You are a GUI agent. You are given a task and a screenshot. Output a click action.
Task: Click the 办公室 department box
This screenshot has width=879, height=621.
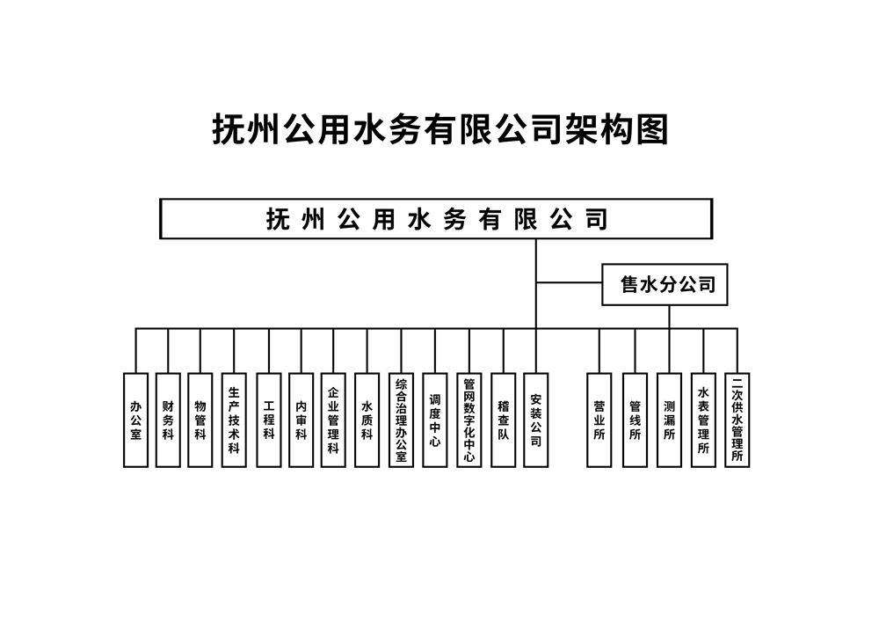pyautogui.click(x=135, y=420)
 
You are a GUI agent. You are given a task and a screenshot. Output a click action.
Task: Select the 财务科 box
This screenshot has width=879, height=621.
pyautogui.click(x=168, y=420)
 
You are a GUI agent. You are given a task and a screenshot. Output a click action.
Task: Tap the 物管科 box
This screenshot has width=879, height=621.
pyautogui.click(x=200, y=420)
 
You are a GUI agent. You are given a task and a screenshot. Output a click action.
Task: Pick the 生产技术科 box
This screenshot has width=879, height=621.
pyautogui.click(x=234, y=420)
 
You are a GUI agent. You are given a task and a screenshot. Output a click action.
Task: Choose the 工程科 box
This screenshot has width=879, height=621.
pyautogui.click(x=268, y=420)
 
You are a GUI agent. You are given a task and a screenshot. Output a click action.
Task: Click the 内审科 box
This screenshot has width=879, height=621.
pyautogui.click(x=301, y=420)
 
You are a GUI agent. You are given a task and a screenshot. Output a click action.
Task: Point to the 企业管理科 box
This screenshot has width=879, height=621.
pyautogui.click(x=333, y=420)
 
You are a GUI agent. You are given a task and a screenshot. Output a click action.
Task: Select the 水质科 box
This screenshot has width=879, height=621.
pyautogui.click(x=367, y=420)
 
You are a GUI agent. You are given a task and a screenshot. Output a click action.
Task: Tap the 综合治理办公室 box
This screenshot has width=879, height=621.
pyautogui.click(x=402, y=420)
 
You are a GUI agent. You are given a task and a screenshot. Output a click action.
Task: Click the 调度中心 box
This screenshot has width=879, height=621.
pyautogui.click(x=434, y=420)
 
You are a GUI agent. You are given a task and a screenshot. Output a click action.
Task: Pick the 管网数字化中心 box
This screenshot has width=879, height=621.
pyautogui.click(x=469, y=420)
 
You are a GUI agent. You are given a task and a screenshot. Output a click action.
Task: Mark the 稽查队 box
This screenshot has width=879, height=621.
pyautogui.click(x=504, y=420)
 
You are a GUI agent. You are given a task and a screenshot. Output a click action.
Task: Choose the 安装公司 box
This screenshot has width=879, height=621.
pyautogui.click(x=536, y=420)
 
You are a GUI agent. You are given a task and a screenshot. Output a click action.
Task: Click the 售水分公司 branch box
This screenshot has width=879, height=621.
pyautogui.click(x=665, y=284)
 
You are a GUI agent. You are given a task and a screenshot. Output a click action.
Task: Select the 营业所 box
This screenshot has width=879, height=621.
pyautogui.click(x=599, y=420)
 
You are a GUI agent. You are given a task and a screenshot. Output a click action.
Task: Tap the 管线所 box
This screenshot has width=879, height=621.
pyautogui.click(x=636, y=420)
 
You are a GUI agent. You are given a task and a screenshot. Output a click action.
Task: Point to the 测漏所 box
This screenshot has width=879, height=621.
pyautogui.click(x=669, y=420)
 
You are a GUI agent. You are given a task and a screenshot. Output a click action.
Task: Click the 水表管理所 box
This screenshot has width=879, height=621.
pyautogui.click(x=703, y=420)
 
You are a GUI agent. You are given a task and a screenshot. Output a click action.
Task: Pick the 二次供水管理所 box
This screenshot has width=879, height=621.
pyautogui.click(x=737, y=420)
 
